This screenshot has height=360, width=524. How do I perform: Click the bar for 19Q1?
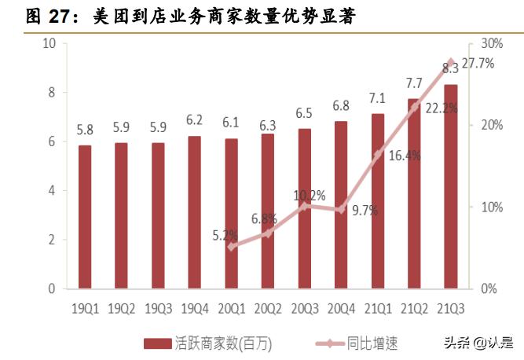(85, 216)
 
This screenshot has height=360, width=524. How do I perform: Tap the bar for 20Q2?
(268, 211)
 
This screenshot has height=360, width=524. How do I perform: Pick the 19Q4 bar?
(195, 212)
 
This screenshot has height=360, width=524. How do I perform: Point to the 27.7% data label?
(478, 64)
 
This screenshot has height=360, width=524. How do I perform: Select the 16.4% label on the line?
(405, 156)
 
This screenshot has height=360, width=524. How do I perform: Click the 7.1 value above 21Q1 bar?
(377, 98)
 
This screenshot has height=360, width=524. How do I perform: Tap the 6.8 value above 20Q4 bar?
(341, 105)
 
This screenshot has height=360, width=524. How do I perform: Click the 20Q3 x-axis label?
(304, 309)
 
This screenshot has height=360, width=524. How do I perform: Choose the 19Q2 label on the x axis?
(122, 309)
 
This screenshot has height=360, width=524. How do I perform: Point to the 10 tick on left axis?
(48, 43)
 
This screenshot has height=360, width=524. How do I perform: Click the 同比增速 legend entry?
(357, 343)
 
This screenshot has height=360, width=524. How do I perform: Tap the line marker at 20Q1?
(231, 246)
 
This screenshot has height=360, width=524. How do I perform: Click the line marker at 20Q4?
(341, 209)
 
